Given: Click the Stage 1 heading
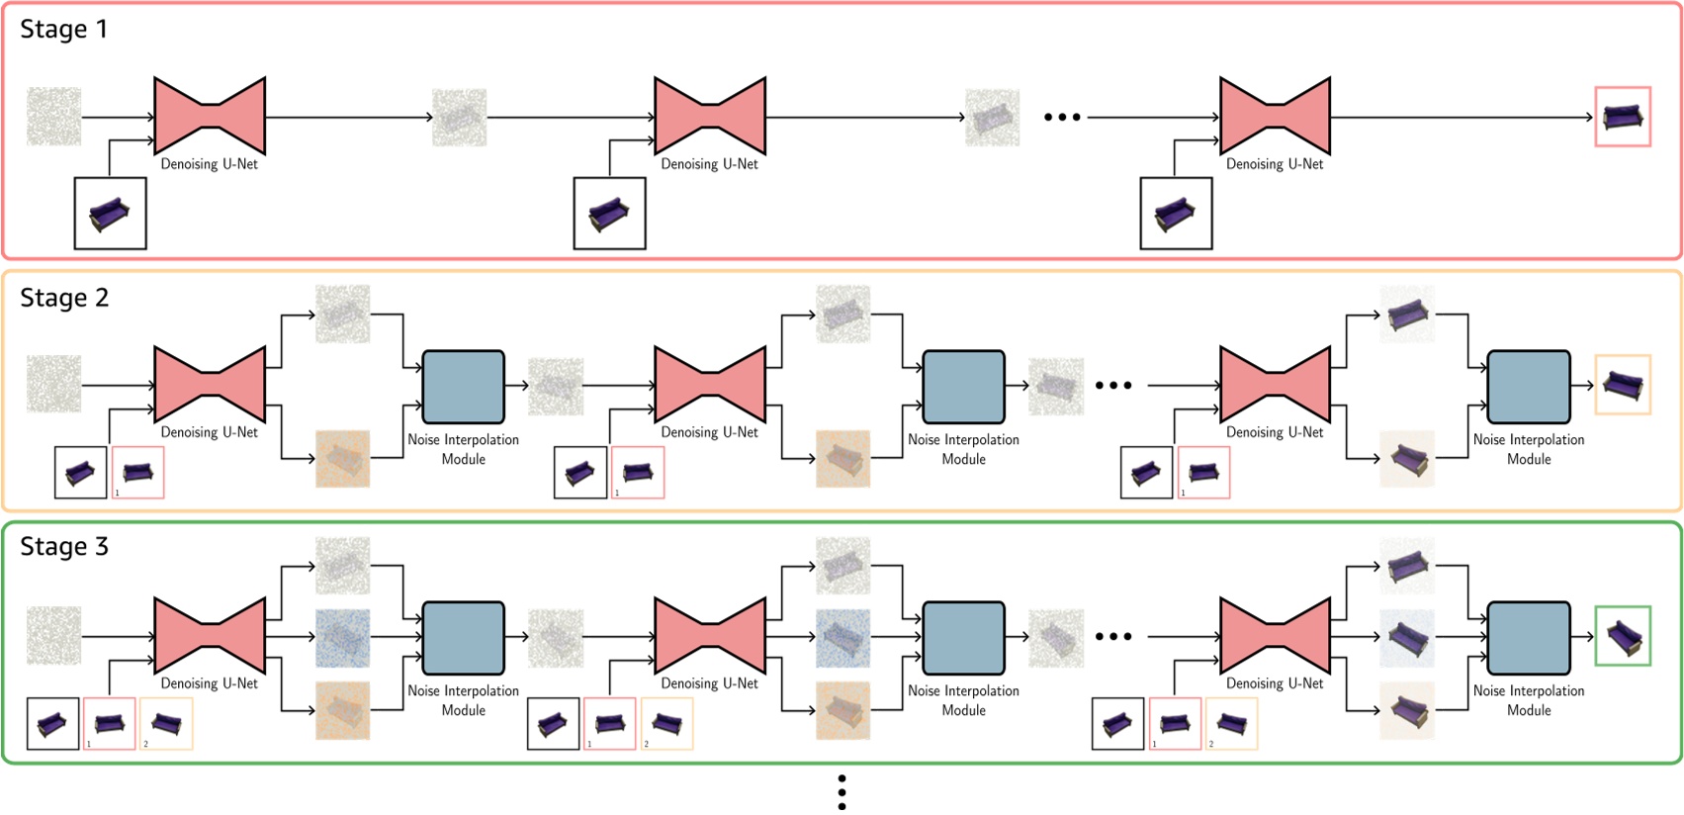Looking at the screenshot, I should point(63,30).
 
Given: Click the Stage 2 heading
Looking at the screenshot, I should point(64,299).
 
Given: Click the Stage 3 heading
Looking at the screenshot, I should point(64,547).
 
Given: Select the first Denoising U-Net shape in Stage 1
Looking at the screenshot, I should point(210,116).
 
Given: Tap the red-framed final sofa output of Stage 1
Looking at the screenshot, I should point(1622,117).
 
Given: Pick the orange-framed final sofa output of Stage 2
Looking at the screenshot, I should point(1622,385).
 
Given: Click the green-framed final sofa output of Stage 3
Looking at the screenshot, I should point(1622,636).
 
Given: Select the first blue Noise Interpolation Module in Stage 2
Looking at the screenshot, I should point(463,386).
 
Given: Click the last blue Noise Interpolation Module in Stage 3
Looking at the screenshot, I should point(1528,637).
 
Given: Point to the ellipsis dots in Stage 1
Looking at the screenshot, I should point(1062,117).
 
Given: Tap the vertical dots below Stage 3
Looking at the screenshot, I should point(842,792).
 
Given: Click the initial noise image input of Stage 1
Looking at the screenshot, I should point(53,117).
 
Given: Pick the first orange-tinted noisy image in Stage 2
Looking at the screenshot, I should point(342,458).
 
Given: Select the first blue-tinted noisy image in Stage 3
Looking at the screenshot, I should point(342,637).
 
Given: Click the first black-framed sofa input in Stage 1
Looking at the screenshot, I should point(110,214).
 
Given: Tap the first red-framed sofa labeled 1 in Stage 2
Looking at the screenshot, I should point(137,472).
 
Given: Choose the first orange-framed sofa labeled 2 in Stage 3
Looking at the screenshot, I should point(166,723).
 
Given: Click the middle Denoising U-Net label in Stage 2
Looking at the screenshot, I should point(709,432).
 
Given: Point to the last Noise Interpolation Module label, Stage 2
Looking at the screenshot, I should point(1528,449).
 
